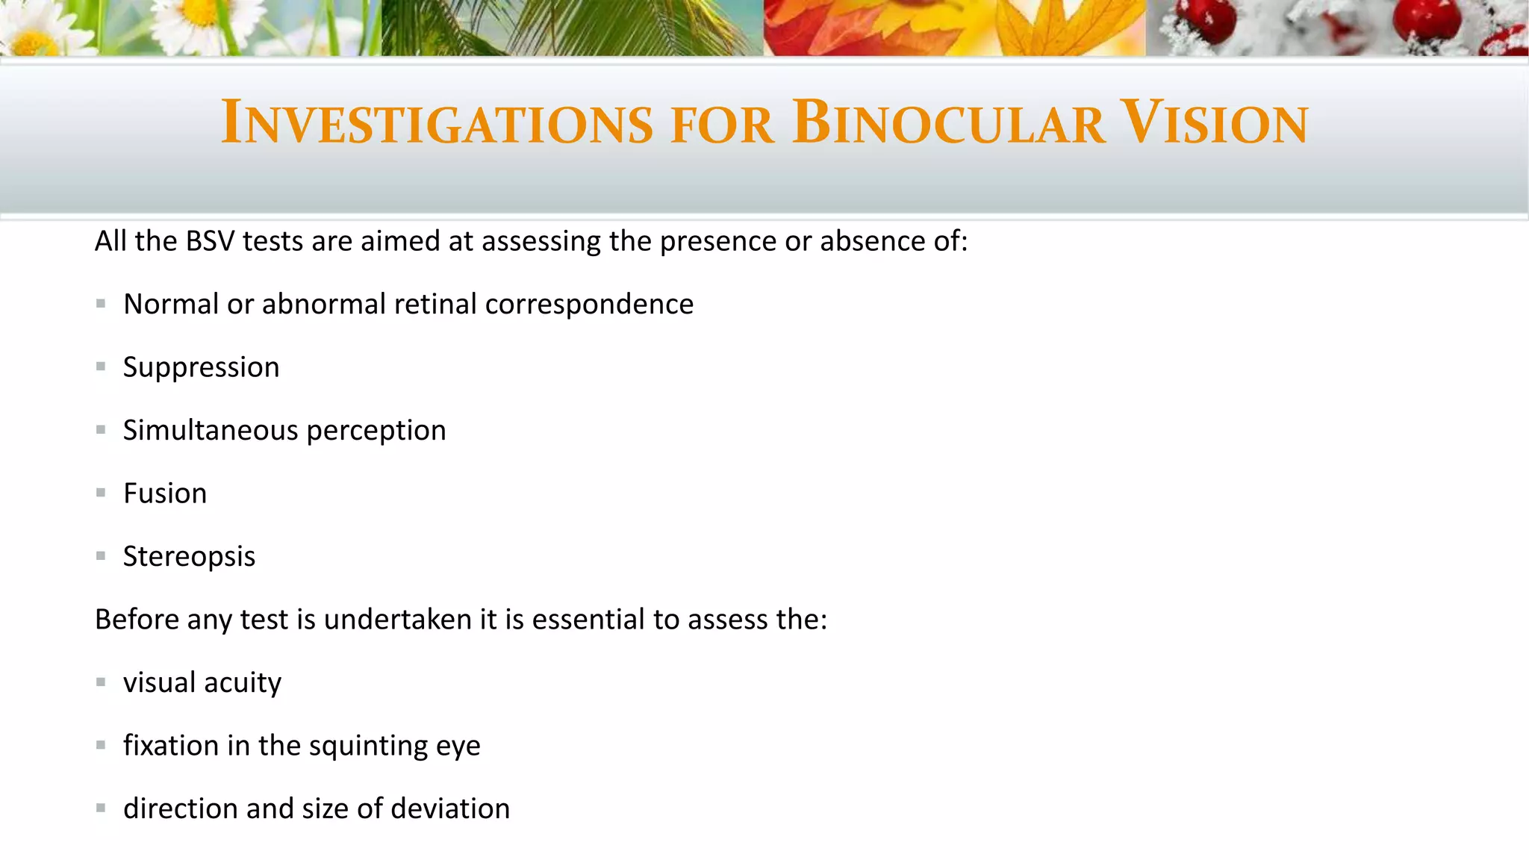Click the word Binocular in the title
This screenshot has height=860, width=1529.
click(948, 122)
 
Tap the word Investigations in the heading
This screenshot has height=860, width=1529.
click(437, 122)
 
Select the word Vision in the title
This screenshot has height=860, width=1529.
click(1215, 122)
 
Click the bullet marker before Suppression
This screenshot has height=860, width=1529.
click(101, 367)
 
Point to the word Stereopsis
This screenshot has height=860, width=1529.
click(189, 557)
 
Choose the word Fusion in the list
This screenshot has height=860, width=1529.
click(165, 493)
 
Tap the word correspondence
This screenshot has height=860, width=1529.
click(589, 305)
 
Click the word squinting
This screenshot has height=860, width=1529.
click(368, 747)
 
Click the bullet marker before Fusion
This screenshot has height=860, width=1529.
click(101, 493)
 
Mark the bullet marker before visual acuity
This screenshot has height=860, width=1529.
click(101, 682)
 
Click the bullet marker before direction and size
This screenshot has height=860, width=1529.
click(101, 808)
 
